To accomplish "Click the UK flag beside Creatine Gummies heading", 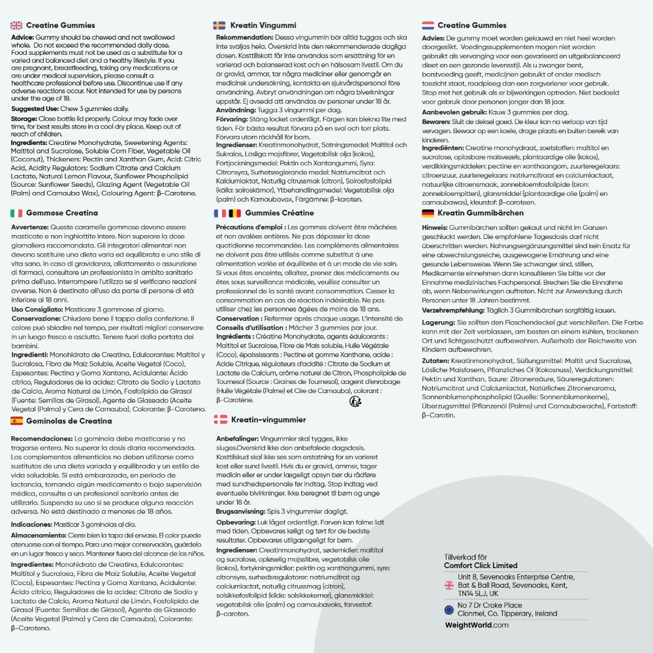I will tap(17, 25).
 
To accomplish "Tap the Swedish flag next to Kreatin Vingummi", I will tap(219, 25).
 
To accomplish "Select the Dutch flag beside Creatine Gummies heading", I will tap(428, 25).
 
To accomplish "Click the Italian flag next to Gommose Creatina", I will tap(17, 213).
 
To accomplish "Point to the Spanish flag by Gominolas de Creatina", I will tap(17, 421).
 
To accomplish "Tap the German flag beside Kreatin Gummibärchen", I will tap(428, 213).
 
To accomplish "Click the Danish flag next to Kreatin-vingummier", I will tap(221, 419).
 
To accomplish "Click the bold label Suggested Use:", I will tap(38, 108).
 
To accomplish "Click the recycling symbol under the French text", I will tap(355, 402).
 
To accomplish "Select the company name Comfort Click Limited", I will tap(480, 565).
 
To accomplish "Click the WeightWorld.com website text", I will tap(476, 625).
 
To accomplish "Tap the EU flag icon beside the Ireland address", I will tap(449, 609).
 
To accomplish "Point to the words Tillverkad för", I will tap(466, 557).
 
